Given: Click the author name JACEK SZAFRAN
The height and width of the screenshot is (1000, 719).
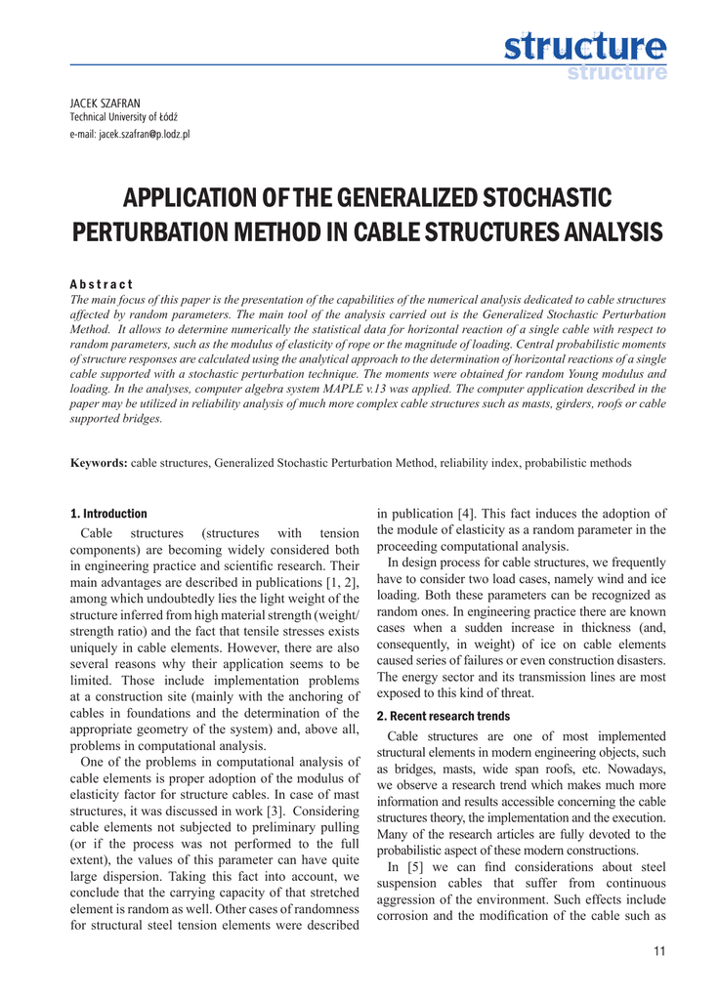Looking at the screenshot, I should (106, 104).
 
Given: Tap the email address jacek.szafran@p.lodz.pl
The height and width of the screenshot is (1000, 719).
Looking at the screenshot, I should (130, 134).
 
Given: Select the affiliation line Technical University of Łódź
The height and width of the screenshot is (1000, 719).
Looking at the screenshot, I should (123, 118).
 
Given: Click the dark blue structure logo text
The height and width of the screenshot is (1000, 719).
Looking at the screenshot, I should (585, 46).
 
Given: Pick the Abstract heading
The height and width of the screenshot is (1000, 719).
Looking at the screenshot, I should (102, 283).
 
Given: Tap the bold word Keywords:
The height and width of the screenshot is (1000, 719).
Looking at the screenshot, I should (99, 463).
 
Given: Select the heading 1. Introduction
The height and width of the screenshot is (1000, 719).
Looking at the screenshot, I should (108, 514).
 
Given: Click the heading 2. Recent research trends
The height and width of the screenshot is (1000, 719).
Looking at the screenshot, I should (443, 716).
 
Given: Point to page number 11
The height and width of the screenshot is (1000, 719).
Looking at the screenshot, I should (659, 952).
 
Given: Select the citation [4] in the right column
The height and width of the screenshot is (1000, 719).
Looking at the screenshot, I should (467, 515).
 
